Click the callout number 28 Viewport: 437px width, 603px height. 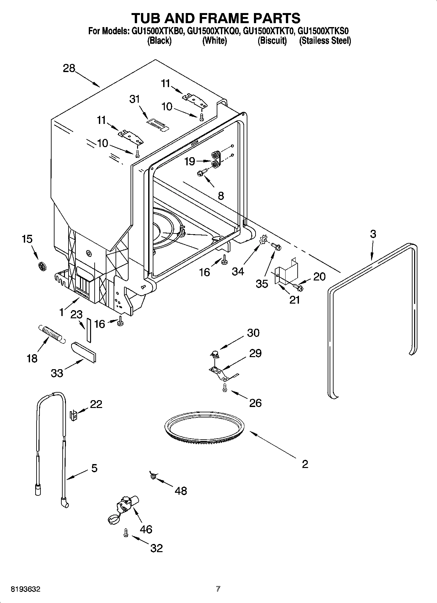[x=69, y=68]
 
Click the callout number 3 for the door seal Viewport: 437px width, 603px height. [x=373, y=234]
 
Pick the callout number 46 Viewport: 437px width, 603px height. [x=146, y=529]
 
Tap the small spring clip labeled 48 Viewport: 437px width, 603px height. [x=152, y=476]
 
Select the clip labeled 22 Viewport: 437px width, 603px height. [x=74, y=415]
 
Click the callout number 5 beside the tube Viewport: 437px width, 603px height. [x=94, y=468]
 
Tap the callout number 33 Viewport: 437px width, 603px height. [x=57, y=373]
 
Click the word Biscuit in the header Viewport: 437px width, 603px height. [x=272, y=41]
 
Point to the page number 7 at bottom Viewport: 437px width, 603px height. [x=218, y=589]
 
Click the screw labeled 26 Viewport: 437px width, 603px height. [x=225, y=387]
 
